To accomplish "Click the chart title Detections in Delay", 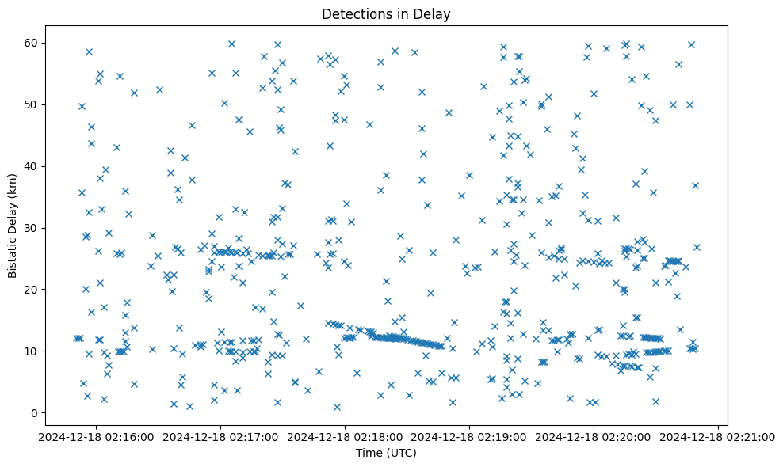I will pyautogui.click(x=386, y=13).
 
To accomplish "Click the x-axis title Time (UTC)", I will pyautogui.click(x=386, y=454).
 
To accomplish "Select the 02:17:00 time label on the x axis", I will pyautogui.click(x=220, y=436).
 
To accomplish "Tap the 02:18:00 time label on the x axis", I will pyautogui.click(x=345, y=436).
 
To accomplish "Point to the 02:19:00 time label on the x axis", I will pyautogui.click(x=469, y=436).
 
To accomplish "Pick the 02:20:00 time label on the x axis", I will pyautogui.click(x=594, y=436).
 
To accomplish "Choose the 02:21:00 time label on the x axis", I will pyautogui.click(x=718, y=436).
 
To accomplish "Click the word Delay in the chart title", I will pyautogui.click(x=435, y=13).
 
